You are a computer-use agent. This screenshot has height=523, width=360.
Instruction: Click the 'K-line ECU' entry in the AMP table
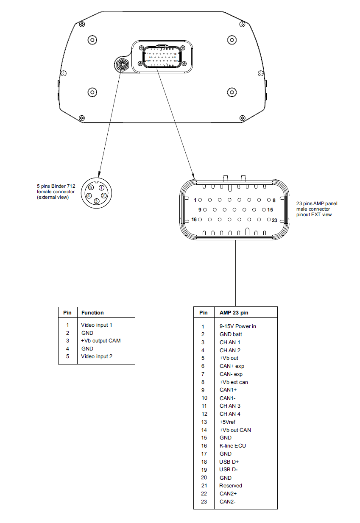pos(232,445)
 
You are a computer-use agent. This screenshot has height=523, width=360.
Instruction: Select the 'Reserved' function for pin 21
pos(231,486)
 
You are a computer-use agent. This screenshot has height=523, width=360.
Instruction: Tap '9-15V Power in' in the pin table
pos(237,326)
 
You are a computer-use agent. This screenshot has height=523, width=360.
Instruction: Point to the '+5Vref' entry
pos(227,422)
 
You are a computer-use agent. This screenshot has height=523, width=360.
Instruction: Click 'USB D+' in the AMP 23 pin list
pos(229,462)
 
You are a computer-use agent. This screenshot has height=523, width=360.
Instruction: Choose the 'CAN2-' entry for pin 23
pos(227,502)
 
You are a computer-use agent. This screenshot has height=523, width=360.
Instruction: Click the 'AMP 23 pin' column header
pos(234,313)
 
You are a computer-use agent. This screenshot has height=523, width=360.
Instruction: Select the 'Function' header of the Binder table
pos(92,313)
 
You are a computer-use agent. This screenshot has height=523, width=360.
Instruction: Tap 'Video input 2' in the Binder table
pos(97,356)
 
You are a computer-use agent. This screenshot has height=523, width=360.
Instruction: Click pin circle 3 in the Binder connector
pos(96,201)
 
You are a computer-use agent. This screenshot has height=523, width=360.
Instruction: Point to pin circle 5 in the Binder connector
pos(91,187)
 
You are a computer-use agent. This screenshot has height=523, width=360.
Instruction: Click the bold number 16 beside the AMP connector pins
pos(194,220)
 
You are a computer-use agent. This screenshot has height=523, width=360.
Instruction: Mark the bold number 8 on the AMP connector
pos(274,200)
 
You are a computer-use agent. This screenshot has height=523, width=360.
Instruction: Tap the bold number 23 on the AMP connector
pos(274,220)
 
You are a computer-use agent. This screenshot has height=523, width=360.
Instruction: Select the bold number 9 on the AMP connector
pos(199,209)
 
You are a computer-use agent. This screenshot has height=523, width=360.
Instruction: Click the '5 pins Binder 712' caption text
pos(56,186)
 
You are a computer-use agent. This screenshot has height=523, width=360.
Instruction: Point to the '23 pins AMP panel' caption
pos(317,204)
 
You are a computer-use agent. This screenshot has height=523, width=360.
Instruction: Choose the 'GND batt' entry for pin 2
pos(231,334)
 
